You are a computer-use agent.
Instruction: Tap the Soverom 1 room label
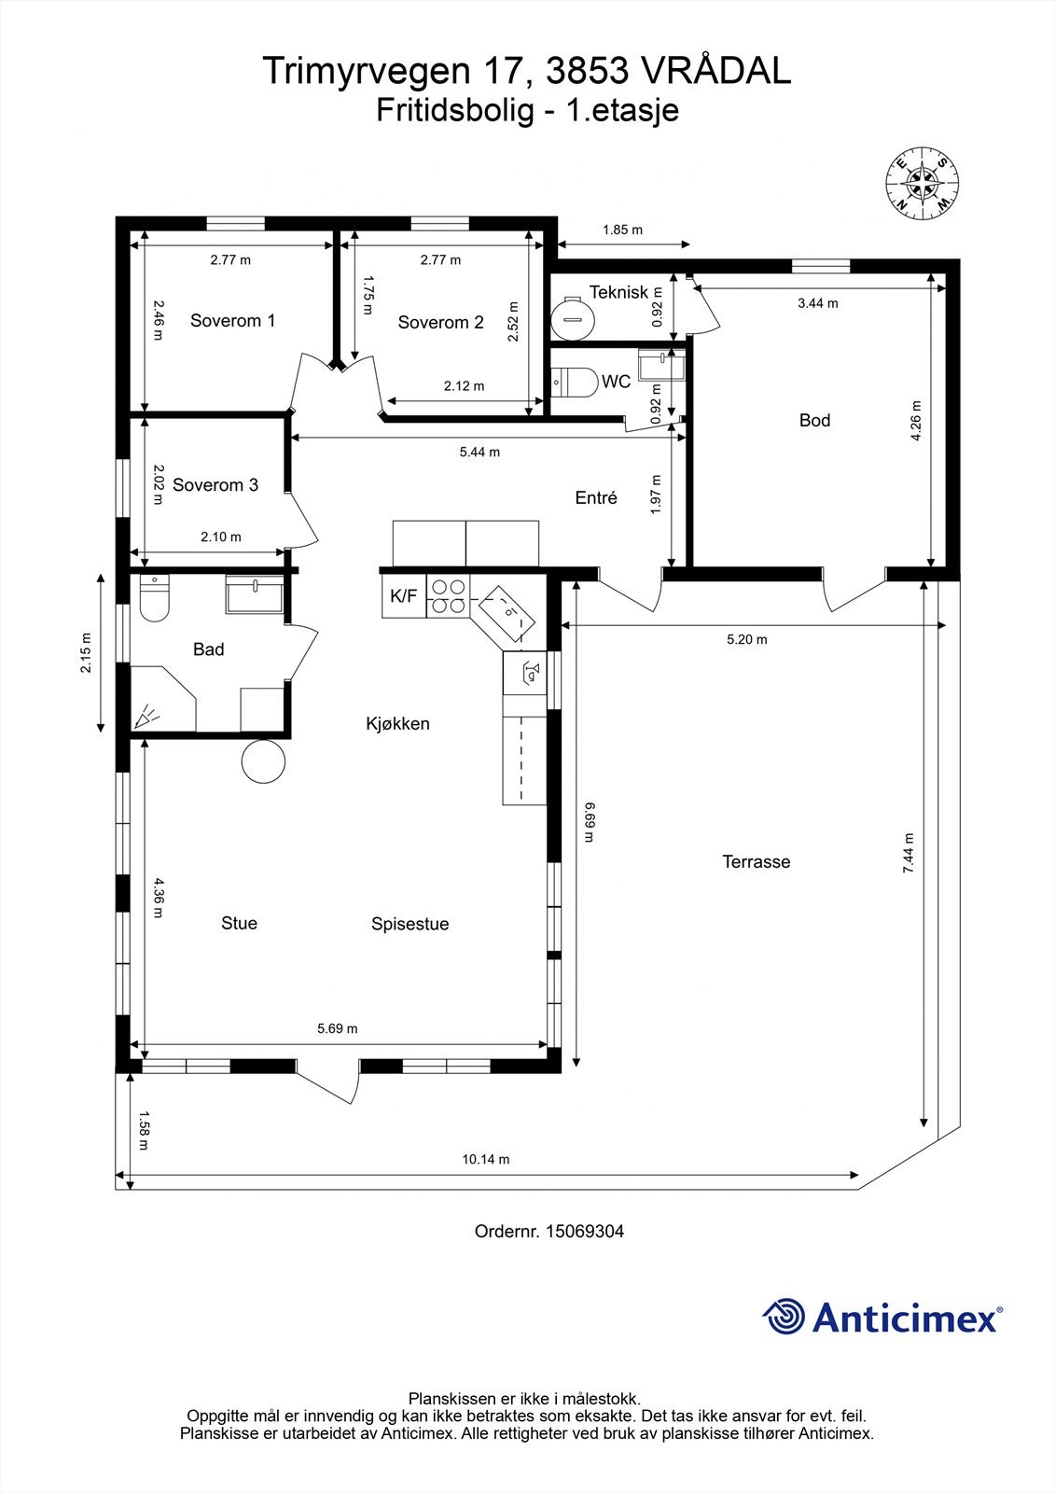[x=232, y=321]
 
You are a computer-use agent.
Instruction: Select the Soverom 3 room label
[x=215, y=485]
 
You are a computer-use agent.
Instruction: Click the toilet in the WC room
[x=575, y=383]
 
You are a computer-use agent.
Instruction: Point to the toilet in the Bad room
[x=154, y=599]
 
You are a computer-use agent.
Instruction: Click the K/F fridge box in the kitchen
[x=403, y=596]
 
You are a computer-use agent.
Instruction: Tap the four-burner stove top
[x=448, y=596]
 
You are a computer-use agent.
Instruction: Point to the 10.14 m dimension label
[x=486, y=1160]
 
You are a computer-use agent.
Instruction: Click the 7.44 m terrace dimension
[x=909, y=853]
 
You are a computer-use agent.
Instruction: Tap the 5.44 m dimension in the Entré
[x=479, y=453]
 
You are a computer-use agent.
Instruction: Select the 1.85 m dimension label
[x=622, y=230]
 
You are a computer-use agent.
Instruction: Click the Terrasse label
[x=756, y=862]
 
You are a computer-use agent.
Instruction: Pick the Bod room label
[x=814, y=421]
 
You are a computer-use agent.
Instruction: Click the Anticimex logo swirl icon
[x=784, y=1318]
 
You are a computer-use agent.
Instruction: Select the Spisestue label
[x=410, y=925]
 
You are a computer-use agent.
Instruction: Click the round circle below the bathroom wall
[x=263, y=761]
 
